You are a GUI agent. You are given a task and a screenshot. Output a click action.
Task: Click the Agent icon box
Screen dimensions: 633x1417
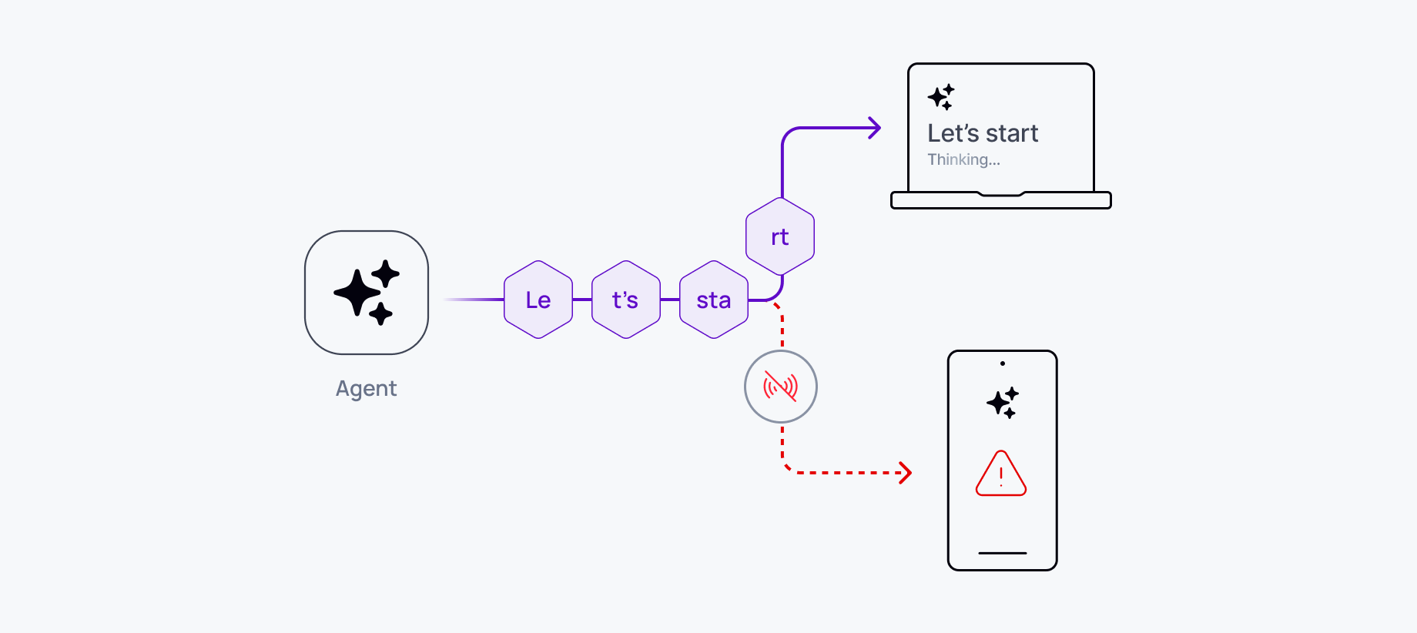tap(367, 293)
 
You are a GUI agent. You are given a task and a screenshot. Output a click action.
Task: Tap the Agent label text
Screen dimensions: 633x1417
tap(366, 388)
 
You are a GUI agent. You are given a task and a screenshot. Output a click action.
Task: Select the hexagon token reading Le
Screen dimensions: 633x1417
tap(538, 300)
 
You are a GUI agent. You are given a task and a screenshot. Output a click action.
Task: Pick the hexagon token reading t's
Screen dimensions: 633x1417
tap(626, 300)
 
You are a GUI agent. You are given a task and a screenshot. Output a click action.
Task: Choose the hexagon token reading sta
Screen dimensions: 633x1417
tap(714, 300)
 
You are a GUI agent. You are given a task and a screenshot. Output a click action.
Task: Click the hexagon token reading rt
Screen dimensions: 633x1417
tap(780, 236)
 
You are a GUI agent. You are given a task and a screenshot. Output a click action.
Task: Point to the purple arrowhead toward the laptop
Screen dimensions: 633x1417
tap(875, 128)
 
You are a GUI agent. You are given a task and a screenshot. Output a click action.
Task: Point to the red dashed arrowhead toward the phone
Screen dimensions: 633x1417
tap(906, 473)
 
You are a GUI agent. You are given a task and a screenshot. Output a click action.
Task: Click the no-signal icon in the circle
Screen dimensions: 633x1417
tap(780, 387)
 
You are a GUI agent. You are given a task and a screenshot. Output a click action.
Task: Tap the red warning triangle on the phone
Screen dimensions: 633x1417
tap(1001, 474)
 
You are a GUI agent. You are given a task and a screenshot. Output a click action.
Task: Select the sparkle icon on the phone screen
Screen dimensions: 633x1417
tap(1003, 403)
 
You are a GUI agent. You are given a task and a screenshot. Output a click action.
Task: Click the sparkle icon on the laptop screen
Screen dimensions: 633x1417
tap(941, 97)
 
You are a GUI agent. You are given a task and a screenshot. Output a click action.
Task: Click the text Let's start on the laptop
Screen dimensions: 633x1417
tap(983, 133)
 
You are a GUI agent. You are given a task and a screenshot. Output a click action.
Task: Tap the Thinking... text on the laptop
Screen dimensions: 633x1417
tap(963, 159)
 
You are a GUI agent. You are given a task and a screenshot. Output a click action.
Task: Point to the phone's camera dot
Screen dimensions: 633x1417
tap(1003, 363)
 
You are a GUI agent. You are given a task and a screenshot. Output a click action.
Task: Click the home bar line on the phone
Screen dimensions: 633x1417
tap(1003, 553)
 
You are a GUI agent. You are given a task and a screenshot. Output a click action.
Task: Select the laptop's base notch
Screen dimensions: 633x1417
tap(1001, 194)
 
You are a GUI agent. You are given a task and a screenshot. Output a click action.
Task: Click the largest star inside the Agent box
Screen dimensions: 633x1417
tap(357, 293)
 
